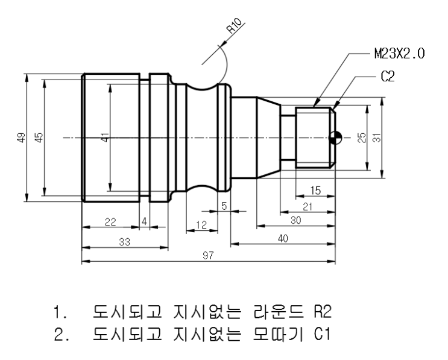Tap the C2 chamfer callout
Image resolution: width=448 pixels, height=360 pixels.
[x=386, y=78]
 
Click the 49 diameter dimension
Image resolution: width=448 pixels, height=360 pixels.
[x=22, y=138]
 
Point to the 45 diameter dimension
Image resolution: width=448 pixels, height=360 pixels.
[x=39, y=138]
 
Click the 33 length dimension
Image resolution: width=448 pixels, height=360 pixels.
[x=125, y=241]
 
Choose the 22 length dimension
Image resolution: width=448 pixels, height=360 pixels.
[x=110, y=222]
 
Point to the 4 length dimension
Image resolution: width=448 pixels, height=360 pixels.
[x=144, y=222]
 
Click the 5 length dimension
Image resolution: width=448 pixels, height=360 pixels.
[x=224, y=206]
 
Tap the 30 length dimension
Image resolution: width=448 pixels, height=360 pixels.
[x=295, y=221]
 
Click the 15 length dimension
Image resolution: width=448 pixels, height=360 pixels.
[x=315, y=191]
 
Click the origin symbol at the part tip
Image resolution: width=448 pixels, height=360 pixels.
[x=335, y=138]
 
